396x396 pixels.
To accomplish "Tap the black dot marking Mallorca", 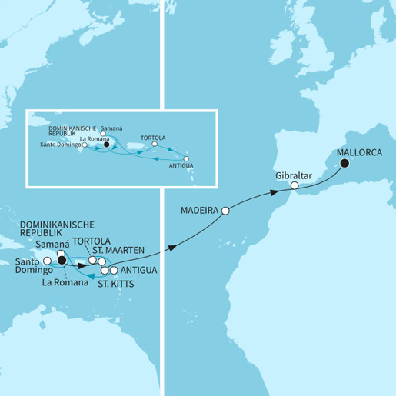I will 344,163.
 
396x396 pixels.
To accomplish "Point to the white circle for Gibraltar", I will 295,186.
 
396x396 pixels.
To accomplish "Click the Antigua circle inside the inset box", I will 186,159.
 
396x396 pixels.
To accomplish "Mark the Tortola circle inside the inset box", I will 155,143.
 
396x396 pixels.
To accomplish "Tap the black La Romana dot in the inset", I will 106,144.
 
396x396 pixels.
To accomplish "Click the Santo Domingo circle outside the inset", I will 47,261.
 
